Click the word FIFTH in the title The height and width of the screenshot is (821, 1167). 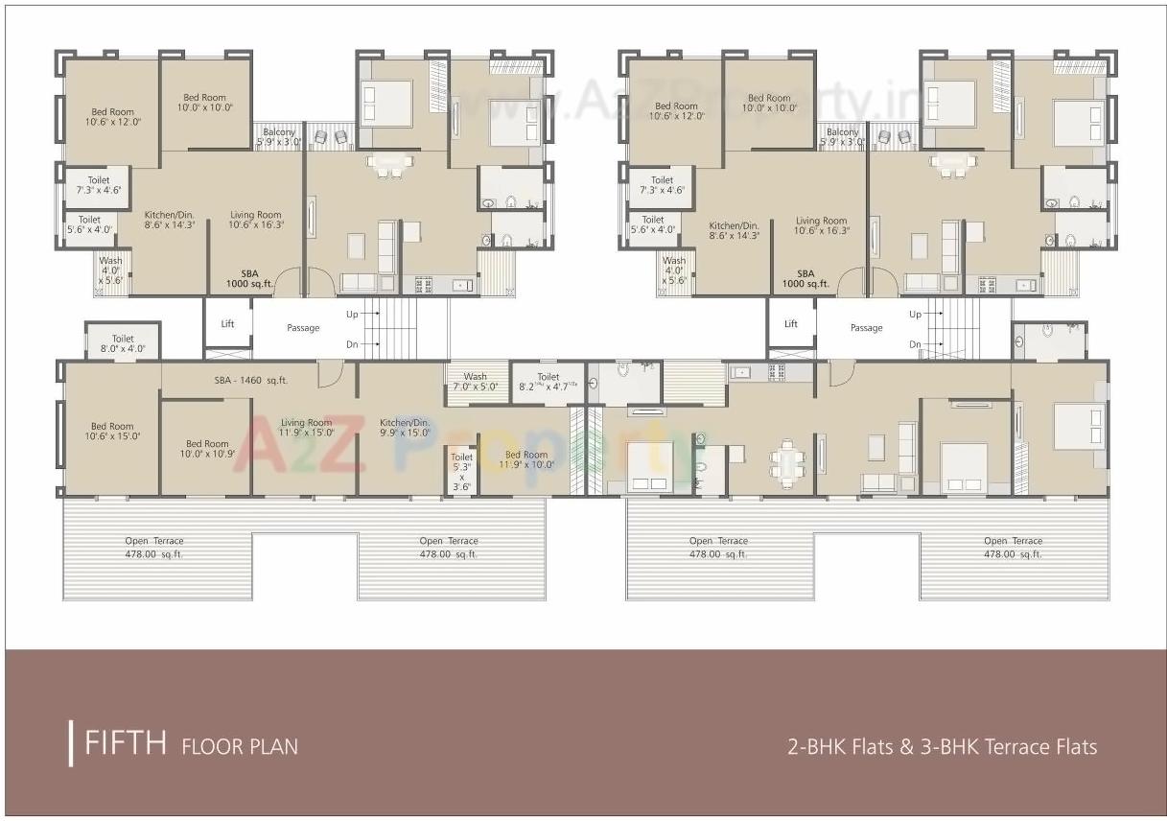click(127, 744)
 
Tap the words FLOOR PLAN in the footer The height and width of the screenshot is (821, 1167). click(239, 746)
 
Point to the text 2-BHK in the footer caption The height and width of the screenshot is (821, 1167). click(815, 746)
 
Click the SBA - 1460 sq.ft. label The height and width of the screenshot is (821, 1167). click(251, 381)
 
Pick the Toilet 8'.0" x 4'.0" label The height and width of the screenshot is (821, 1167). click(123, 343)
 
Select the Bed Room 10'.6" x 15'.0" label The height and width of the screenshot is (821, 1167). click(112, 432)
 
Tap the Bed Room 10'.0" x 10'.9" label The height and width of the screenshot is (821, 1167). click(207, 449)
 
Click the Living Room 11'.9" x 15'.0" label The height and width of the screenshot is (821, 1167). click(306, 427)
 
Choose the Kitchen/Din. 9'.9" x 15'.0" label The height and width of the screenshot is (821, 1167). click(405, 427)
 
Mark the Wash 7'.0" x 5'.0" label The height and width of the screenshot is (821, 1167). click(475, 382)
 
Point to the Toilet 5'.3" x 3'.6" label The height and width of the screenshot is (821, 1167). click(461, 472)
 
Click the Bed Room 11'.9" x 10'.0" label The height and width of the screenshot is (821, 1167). click(526, 459)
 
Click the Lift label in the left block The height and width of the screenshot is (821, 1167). click(227, 324)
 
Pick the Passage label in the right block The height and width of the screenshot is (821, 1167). click(866, 328)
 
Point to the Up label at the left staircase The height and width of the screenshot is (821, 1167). click(352, 315)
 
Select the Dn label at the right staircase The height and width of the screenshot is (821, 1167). click(915, 344)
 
